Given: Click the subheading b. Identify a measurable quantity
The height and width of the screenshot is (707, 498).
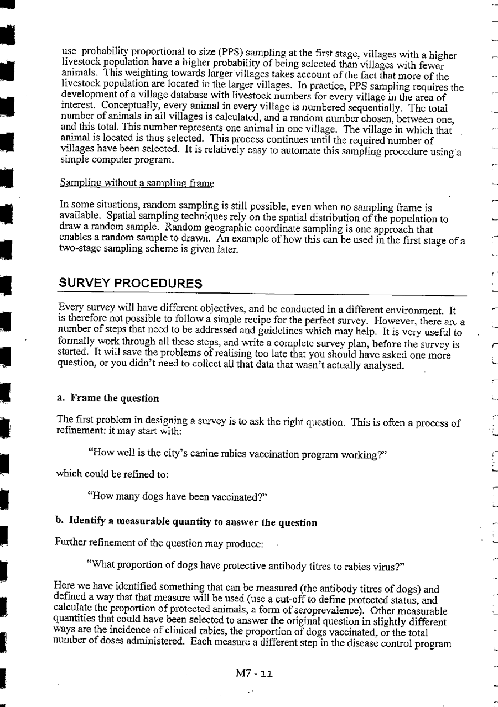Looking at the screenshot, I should [x=178, y=522].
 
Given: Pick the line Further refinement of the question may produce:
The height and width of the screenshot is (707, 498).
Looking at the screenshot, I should [x=158, y=543].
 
